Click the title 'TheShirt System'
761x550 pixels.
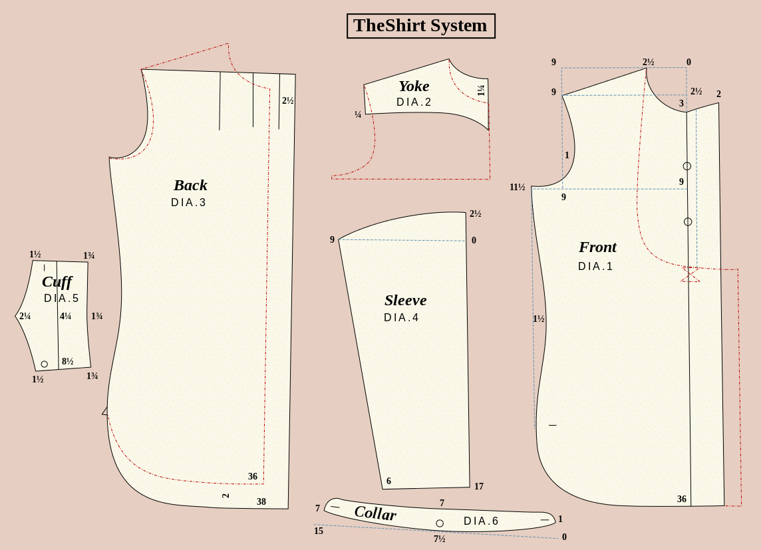pos(420,26)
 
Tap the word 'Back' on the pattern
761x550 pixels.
pos(190,186)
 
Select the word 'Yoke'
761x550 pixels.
pos(414,86)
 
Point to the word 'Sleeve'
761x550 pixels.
pos(406,300)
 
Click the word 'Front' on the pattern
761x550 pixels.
pos(597,247)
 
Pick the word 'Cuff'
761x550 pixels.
pos(57,282)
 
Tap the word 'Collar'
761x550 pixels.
pos(375,513)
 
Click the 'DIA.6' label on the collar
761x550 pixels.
pos(481,521)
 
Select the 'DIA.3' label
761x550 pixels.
pos(188,203)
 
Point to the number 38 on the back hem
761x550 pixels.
pos(261,502)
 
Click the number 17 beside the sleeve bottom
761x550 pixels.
pos(479,486)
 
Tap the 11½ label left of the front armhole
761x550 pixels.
pos(518,188)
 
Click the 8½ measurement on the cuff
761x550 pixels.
pos(67,361)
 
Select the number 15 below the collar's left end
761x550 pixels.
pos(319,531)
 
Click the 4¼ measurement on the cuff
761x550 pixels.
pos(65,316)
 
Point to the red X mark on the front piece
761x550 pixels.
pos(690,274)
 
